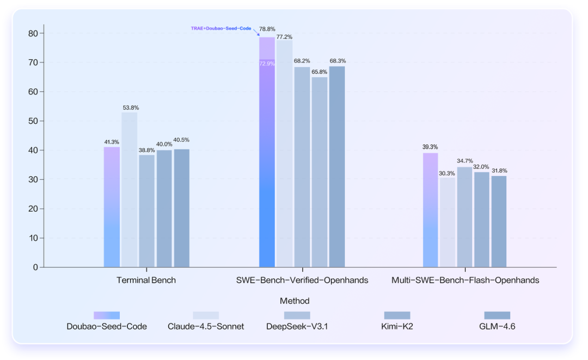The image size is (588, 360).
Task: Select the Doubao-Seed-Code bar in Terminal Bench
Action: (x=112, y=207)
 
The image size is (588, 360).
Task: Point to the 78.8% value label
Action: (x=267, y=29)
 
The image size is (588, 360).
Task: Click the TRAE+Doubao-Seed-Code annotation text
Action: (x=221, y=28)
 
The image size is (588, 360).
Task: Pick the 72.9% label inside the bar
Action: (x=267, y=64)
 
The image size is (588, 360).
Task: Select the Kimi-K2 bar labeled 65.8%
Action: (x=320, y=172)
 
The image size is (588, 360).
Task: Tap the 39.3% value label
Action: (x=430, y=147)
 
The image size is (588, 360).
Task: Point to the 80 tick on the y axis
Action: (x=33, y=33)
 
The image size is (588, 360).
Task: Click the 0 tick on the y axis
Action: (x=35, y=267)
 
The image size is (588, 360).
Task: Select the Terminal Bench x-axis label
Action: (x=146, y=280)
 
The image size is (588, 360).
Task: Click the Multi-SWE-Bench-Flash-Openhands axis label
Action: (x=465, y=280)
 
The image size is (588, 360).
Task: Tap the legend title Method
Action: (x=295, y=301)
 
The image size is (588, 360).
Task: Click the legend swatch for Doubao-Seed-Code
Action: (x=107, y=315)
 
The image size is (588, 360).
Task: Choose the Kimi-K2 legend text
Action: (x=397, y=327)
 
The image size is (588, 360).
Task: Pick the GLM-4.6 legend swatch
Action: (x=497, y=315)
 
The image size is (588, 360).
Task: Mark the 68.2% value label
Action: (x=302, y=61)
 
